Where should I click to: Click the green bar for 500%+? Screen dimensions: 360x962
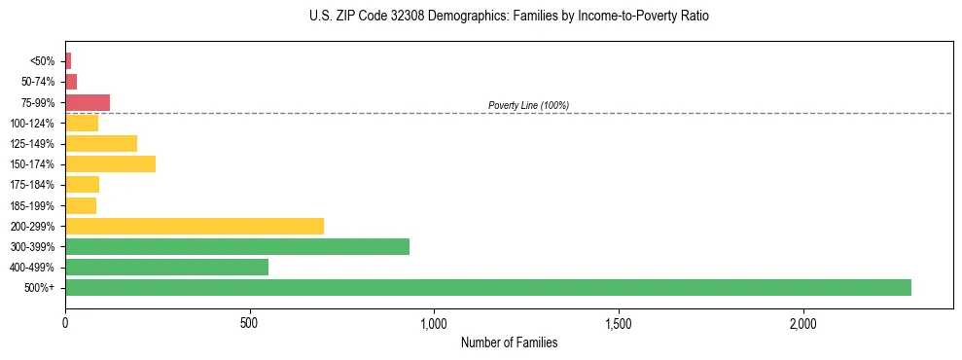click(x=487, y=287)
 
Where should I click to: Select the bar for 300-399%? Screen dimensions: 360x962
click(x=236, y=246)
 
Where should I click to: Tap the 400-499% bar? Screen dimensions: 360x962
click(x=166, y=267)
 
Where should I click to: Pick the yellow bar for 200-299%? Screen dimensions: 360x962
click(x=194, y=226)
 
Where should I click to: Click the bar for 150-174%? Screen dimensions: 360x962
click(x=110, y=163)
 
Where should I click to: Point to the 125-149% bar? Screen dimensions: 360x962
click(x=101, y=143)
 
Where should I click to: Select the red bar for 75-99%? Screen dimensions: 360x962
click(x=88, y=102)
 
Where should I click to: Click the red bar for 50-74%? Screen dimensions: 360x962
click(x=71, y=82)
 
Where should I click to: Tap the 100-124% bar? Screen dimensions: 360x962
click(x=82, y=123)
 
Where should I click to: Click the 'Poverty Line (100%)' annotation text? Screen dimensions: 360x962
click(x=528, y=105)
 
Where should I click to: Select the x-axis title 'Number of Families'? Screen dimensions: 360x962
click(x=509, y=342)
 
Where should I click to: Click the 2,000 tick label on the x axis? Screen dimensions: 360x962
click(x=803, y=322)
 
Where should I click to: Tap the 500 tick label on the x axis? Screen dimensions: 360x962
click(x=250, y=322)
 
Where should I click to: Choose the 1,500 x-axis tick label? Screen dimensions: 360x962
click(x=619, y=322)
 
